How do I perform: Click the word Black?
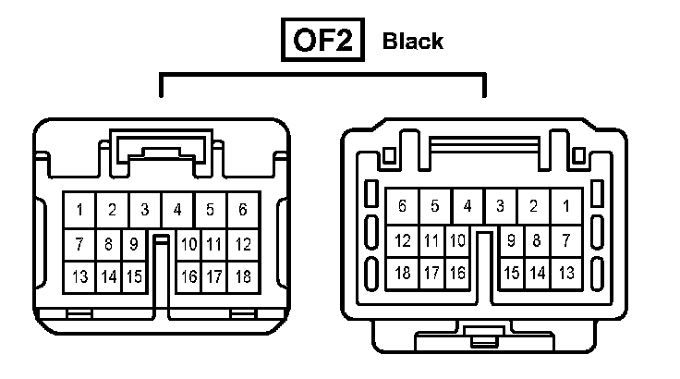(x=412, y=42)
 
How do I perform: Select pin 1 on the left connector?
(x=80, y=210)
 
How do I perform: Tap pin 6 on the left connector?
(x=243, y=210)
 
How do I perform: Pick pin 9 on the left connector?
(x=134, y=245)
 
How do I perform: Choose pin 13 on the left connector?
(x=80, y=276)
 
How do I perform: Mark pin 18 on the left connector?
(x=243, y=276)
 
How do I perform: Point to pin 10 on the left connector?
(x=188, y=245)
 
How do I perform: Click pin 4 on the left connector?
(x=177, y=210)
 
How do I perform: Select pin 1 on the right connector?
(x=566, y=206)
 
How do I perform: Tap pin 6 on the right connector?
(x=403, y=206)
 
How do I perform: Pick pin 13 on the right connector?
(x=566, y=273)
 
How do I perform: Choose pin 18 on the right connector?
(x=403, y=273)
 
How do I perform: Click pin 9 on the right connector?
(x=511, y=241)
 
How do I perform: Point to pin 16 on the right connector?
(x=456, y=273)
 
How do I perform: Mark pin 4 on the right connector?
(x=468, y=206)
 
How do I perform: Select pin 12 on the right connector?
(x=403, y=241)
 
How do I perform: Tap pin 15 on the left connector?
(x=134, y=276)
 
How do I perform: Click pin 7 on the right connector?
(x=566, y=241)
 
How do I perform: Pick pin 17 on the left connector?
(x=214, y=276)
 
